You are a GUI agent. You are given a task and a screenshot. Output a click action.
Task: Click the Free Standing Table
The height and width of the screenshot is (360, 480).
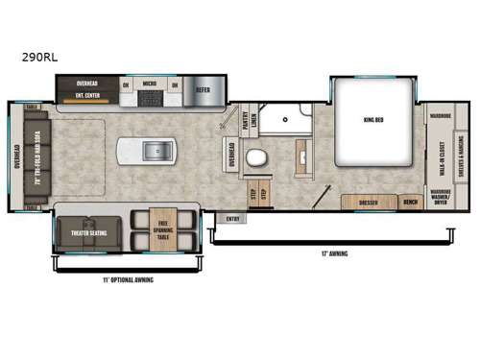(x=162, y=229)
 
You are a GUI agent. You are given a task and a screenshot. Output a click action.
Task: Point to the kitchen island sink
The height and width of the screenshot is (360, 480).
(x=157, y=152)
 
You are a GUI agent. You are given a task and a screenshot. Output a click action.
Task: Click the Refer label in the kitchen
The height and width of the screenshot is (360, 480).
(x=203, y=91)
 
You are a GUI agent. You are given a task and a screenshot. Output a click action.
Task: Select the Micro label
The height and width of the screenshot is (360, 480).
(x=151, y=84)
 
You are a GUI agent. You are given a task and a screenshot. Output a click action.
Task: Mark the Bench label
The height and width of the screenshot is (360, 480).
(x=410, y=203)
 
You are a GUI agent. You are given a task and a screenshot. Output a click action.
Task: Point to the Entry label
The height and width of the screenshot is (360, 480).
(x=231, y=218)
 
